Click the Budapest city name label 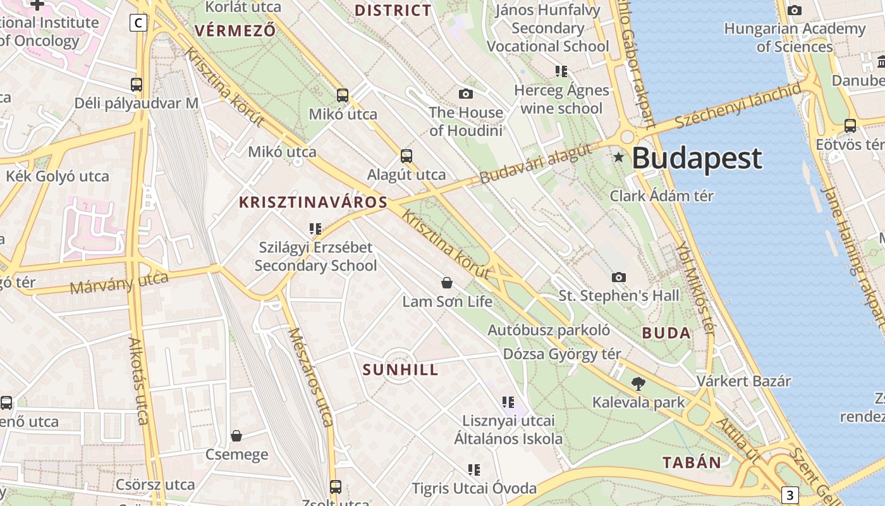click(x=697, y=158)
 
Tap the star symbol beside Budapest click(x=618, y=157)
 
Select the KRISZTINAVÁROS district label click(x=313, y=202)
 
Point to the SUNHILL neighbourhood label click(x=401, y=370)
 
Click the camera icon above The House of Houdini click(x=466, y=94)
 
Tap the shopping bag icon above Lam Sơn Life click(x=447, y=283)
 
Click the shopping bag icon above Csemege click(x=236, y=436)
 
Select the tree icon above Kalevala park click(x=638, y=383)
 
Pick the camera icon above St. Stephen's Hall click(x=619, y=277)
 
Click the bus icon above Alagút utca click(x=406, y=156)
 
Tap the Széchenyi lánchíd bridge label click(x=738, y=105)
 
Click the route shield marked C click(x=138, y=23)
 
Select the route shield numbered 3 click(x=790, y=495)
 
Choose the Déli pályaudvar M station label click(x=136, y=103)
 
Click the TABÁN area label click(x=692, y=462)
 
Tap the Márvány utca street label click(x=119, y=283)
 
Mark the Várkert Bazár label click(x=743, y=381)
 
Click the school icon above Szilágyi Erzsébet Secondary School click(x=315, y=228)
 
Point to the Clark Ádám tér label click(x=661, y=196)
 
